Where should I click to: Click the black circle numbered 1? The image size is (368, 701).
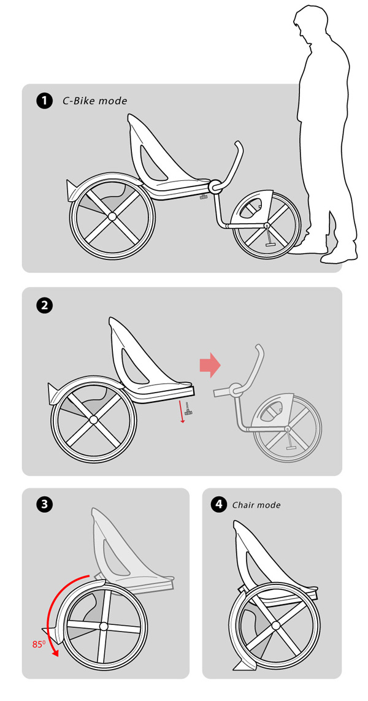(44, 101)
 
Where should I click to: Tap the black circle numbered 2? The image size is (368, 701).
(44, 306)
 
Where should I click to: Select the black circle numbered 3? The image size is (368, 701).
(44, 504)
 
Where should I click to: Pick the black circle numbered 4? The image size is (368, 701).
(218, 505)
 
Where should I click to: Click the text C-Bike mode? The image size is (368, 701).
(95, 101)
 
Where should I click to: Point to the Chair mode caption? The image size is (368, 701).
(256, 505)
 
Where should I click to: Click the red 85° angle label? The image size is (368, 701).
(39, 644)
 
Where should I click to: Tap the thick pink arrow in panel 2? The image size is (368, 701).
(210, 366)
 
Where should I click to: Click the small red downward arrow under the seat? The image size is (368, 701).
(182, 412)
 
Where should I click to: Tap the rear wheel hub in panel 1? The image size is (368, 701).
(112, 216)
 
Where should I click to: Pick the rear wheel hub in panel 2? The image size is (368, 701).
(93, 419)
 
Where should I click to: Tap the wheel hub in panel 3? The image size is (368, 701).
(104, 626)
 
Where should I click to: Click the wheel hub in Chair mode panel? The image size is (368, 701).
(275, 625)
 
